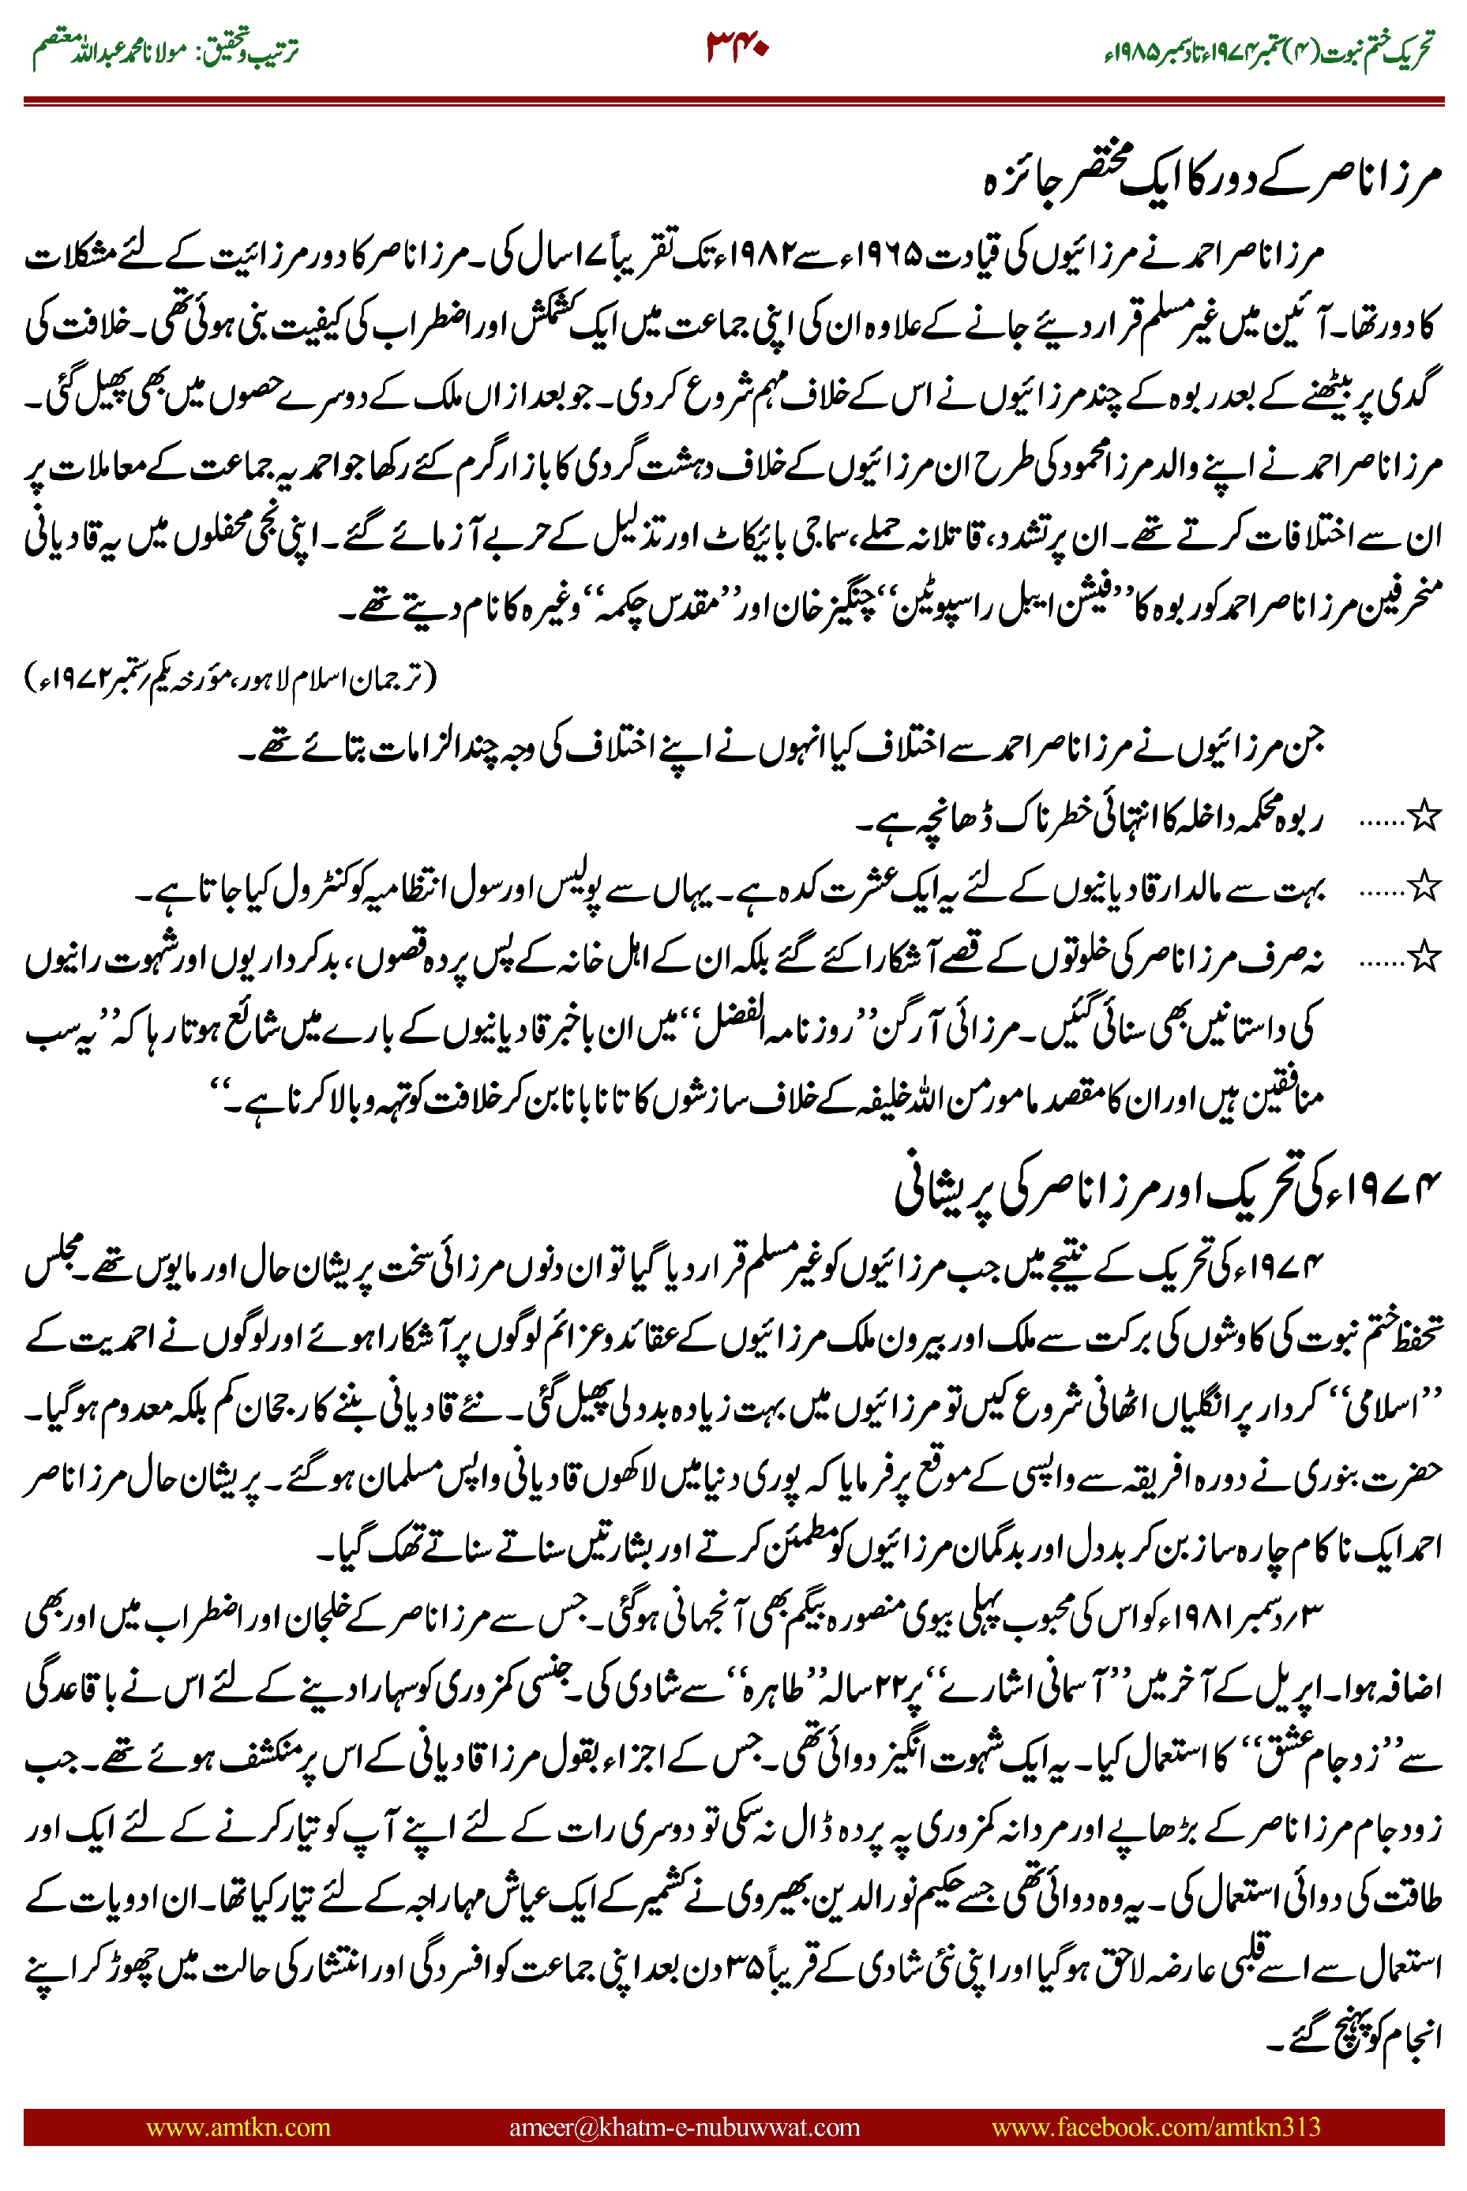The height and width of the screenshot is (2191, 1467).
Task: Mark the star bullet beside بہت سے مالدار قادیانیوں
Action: [x=1423, y=886]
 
